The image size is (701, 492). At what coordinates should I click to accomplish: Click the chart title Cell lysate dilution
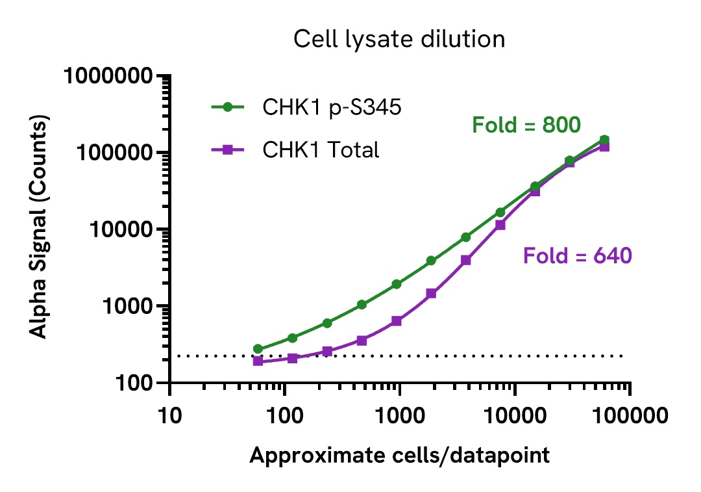(399, 39)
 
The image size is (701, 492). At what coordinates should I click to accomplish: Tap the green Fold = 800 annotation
(526, 125)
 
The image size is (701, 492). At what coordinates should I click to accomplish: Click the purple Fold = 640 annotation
(577, 256)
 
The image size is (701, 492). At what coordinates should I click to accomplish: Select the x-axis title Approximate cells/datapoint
(399, 456)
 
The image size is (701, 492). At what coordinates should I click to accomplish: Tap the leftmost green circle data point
(258, 349)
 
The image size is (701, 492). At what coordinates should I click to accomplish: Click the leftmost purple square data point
(258, 361)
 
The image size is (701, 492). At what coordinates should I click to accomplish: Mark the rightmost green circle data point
(604, 140)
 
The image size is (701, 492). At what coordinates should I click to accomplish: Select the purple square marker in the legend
(228, 150)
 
